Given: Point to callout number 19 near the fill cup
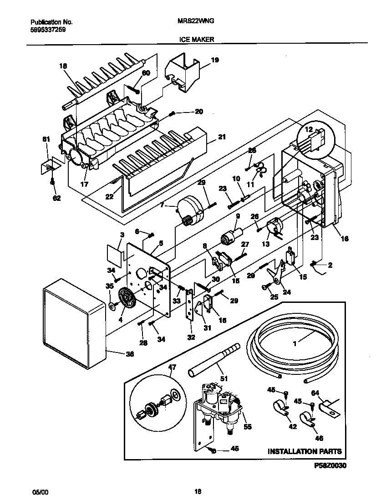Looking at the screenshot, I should (x=215, y=60).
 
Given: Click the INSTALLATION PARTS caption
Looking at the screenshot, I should (x=304, y=452).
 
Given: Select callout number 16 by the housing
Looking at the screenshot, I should (x=345, y=238).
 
